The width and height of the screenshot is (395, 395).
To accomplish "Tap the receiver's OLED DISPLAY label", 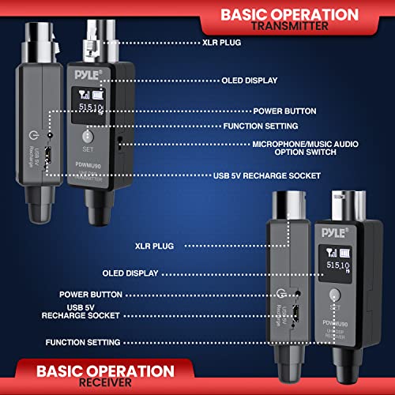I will click(x=130, y=273).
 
